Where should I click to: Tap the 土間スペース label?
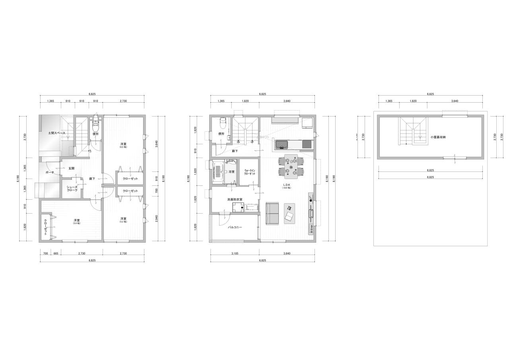click(x=56, y=133)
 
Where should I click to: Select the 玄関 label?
click(x=71, y=168)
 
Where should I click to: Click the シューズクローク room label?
click(x=72, y=189)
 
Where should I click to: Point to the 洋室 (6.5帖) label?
click(x=123, y=144)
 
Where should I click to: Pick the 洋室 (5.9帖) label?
click(x=76, y=221)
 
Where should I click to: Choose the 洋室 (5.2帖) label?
click(x=123, y=220)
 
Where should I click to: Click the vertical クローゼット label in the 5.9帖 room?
click(x=45, y=227)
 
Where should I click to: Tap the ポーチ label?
click(x=50, y=172)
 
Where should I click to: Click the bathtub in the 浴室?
click(x=218, y=171)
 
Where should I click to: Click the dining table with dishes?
click(x=293, y=165)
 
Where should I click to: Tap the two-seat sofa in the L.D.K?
click(x=272, y=214)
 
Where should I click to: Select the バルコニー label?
click(x=235, y=227)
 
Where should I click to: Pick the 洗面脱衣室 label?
click(x=235, y=199)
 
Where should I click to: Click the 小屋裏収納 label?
click(x=438, y=137)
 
